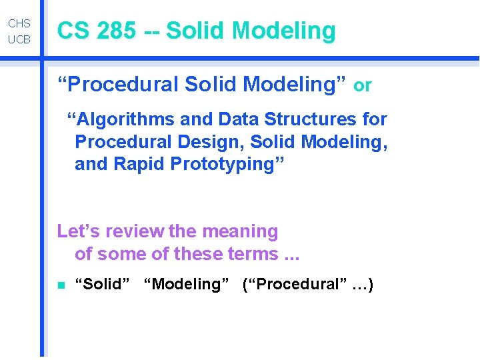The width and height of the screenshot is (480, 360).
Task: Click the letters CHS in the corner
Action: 19,23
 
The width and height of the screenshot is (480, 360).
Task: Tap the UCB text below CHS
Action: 19,40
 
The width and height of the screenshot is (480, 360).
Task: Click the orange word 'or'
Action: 362,85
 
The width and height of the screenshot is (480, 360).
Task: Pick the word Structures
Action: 311,119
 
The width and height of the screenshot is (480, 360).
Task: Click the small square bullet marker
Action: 60,285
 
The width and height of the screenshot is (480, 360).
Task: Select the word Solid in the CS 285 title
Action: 195,31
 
